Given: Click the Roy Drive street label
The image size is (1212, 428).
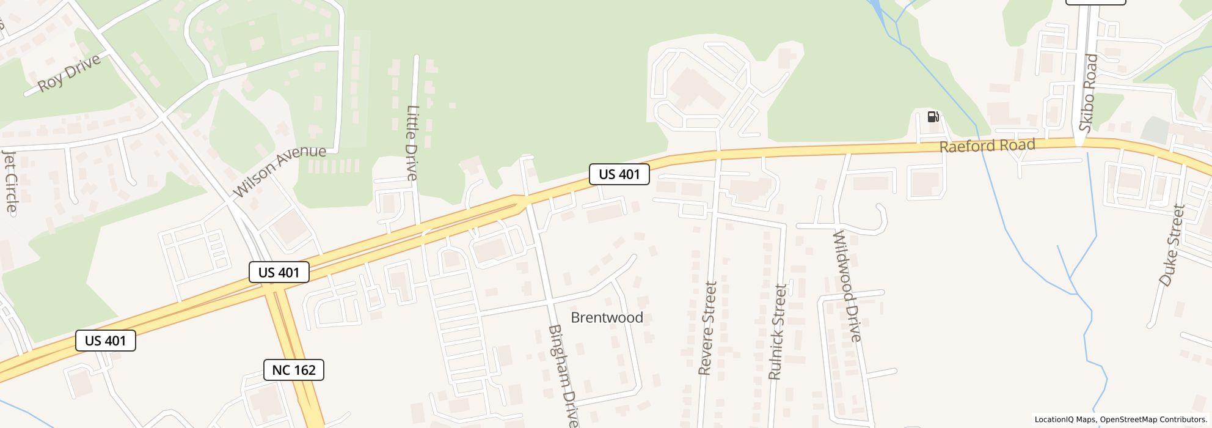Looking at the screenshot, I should point(69,73).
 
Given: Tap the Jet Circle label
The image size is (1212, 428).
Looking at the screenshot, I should point(10,181).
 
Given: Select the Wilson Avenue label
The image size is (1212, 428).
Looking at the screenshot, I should point(279,171).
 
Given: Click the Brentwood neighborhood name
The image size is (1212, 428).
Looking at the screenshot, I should point(607,317).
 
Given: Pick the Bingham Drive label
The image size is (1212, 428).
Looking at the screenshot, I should point(563,375).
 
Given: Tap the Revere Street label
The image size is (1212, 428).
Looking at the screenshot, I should point(707,328).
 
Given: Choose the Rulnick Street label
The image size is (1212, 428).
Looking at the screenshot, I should point(777,332).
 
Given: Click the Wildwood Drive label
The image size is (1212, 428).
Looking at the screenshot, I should point(847,286).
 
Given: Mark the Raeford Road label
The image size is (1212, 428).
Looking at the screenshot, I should point(987,146).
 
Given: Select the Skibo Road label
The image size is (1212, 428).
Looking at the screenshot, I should point(1089,93).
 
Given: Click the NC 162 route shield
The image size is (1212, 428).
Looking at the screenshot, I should point(294,370).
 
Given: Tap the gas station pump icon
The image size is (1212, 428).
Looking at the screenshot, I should point(933,117).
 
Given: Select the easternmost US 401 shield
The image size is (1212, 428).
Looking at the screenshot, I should point(619,174).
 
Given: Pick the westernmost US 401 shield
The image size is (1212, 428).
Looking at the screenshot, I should point(106,341).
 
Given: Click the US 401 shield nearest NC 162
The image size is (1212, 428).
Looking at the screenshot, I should point(279,272).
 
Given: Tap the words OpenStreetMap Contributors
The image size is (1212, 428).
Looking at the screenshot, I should point(1152,420).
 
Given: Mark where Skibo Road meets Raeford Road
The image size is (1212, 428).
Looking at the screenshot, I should point(1080,143).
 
